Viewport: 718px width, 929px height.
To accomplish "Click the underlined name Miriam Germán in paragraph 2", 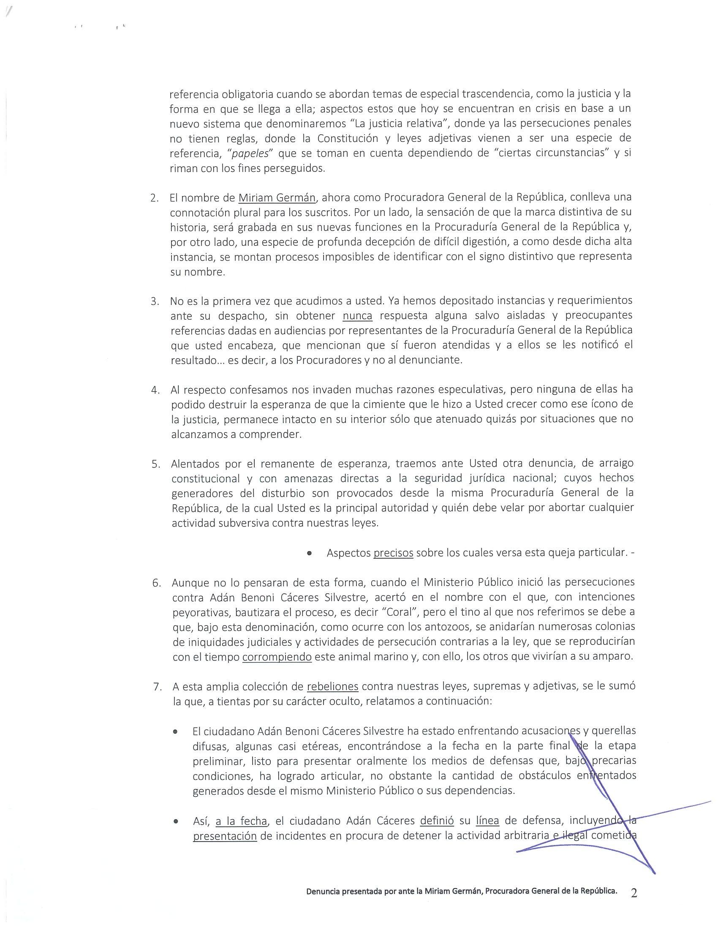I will (x=277, y=198).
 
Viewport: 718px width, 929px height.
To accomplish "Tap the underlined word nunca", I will (x=358, y=315).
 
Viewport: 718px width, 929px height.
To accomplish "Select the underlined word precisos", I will (x=394, y=553).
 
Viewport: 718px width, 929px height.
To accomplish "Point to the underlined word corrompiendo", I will (x=277, y=656).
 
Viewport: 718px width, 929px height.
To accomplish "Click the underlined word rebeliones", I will (x=333, y=687).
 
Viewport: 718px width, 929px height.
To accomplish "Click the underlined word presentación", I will (x=225, y=836).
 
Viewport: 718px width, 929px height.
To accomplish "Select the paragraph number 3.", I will (x=155, y=301).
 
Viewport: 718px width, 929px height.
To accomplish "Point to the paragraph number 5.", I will (x=156, y=464).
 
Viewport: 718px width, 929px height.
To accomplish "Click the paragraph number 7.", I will (x=158, y=687).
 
